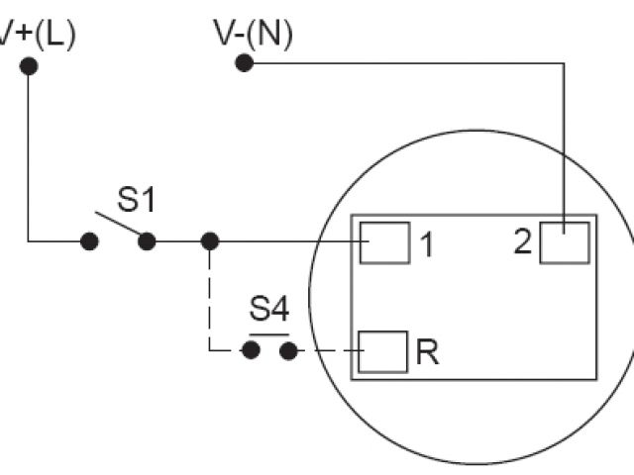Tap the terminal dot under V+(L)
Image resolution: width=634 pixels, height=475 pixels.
click(x=29, y=66)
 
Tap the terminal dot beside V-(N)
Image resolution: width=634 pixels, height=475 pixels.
click(x=244, y=63)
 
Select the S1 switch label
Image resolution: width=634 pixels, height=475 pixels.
click(x=137, y=200)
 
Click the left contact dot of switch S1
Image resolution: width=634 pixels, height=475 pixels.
click(x=89, y=240)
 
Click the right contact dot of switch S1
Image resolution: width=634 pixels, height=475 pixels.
click(x=147, y=240)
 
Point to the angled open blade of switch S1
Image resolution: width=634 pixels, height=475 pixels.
click(x=118, y=225)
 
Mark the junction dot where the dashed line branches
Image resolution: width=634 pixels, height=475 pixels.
click(x=209, y=240)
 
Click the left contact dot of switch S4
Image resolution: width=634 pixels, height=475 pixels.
click(x=252, y=350)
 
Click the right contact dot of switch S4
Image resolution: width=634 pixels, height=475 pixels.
click(x=288, y=350)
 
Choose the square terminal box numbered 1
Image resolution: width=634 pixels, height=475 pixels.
click(x=384, y=242)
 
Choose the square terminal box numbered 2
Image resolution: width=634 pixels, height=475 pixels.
click(x=565, y=242)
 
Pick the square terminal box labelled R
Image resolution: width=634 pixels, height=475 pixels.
click(x=382, y=351)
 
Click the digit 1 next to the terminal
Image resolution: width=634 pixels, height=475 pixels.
click(x=427, y=244)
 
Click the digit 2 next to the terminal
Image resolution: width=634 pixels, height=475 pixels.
click(x=523, y=242)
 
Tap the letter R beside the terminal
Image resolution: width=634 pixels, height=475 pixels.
click(x=427, y=353)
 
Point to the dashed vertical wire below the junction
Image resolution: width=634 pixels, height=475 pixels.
click(x=209, y=297)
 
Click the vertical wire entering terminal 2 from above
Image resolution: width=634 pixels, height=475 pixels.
click(x=563, y=148)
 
